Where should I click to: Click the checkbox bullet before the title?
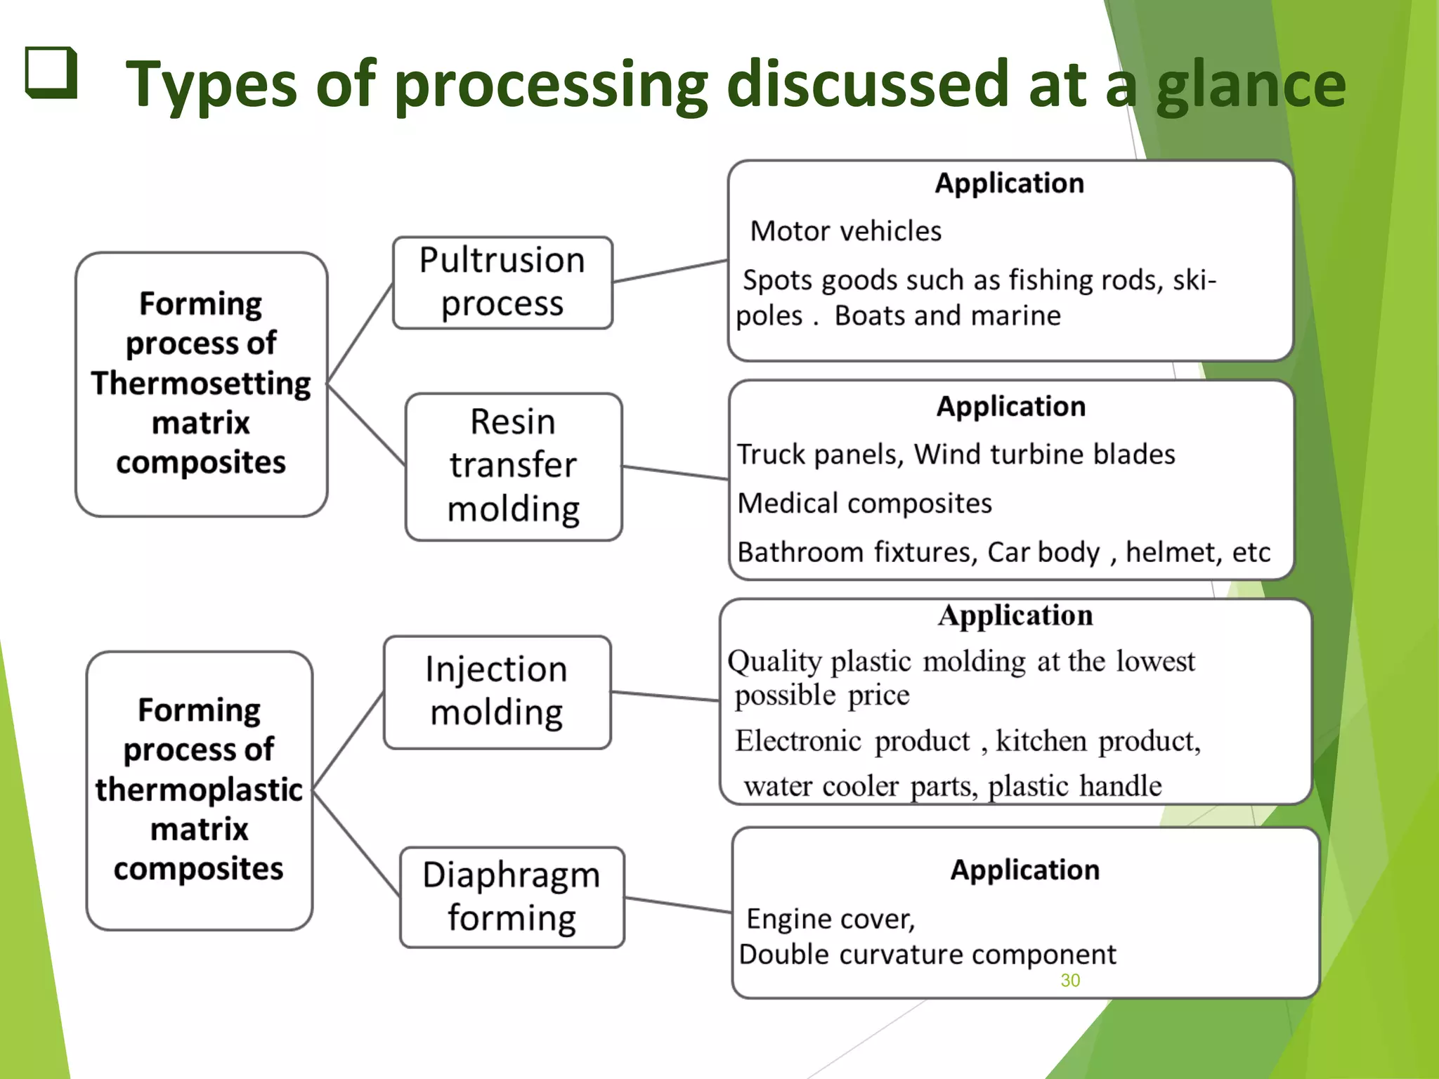click(x=51, y=72)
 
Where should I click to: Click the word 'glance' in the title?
click(x=1251, y=86)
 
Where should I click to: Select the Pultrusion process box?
click(x=502, y=282)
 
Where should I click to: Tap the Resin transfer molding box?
click(x=514, y=466)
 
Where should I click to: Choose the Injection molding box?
click(x=497, y=692)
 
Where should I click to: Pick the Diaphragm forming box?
click(x=512, y=897)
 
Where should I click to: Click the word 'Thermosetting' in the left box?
click(x=201, y=384)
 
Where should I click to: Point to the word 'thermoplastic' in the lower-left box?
click(x=199, y=790)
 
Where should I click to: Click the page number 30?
click(x=1070, y=981)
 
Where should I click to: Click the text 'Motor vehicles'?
click(x=845, y=231)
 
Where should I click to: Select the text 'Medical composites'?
click(x=864, y=504)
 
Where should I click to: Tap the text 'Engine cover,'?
click(x=831, y=919)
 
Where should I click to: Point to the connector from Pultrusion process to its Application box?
click(x=670, y=271)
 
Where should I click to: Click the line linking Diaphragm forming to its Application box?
click(x=678, y=905)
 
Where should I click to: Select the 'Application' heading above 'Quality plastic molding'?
click(x=1015, y=615)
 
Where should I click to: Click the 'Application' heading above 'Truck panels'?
click(x=1011, y=407)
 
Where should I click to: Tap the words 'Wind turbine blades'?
click(x=1044, y=455)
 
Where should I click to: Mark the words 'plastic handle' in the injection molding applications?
click(x=1074, y=786)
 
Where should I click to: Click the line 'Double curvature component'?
click(x=927, y=955)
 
